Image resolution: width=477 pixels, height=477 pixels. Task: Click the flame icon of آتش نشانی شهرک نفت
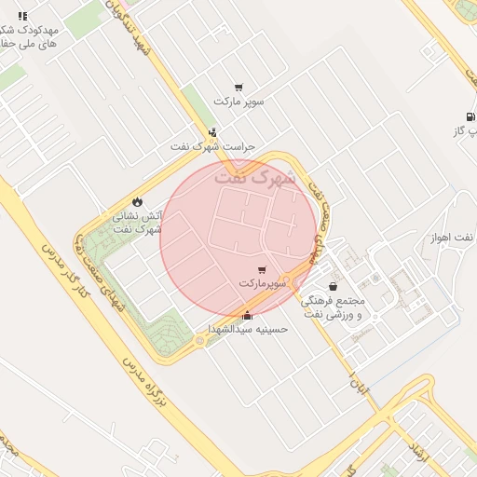(138, 201)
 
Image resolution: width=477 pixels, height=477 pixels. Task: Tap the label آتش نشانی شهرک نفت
(138, 222)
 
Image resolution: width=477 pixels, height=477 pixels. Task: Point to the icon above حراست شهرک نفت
(214, 133)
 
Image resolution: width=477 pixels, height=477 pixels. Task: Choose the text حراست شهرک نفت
(212, 147)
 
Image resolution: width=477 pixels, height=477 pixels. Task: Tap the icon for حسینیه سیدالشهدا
(247, 315)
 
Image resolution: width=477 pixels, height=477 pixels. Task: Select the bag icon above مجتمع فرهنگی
(334, 287)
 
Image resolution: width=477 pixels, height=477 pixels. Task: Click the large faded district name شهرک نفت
(253, 175)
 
